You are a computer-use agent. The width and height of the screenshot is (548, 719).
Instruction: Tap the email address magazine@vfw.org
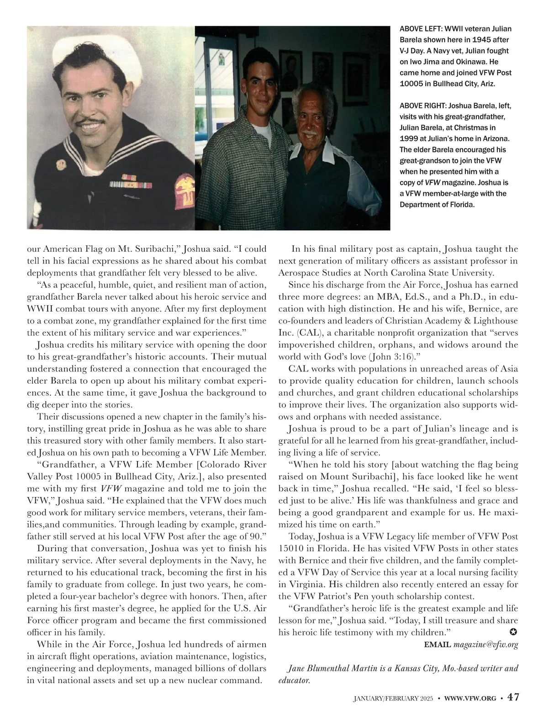pyautogui.click(x=485, y=645)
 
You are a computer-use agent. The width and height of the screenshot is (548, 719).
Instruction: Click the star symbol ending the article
pyautogui.click(x=513, y=632)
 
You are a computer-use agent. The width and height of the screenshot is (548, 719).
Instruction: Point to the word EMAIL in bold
pyautogui.click(x=437, y=645)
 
